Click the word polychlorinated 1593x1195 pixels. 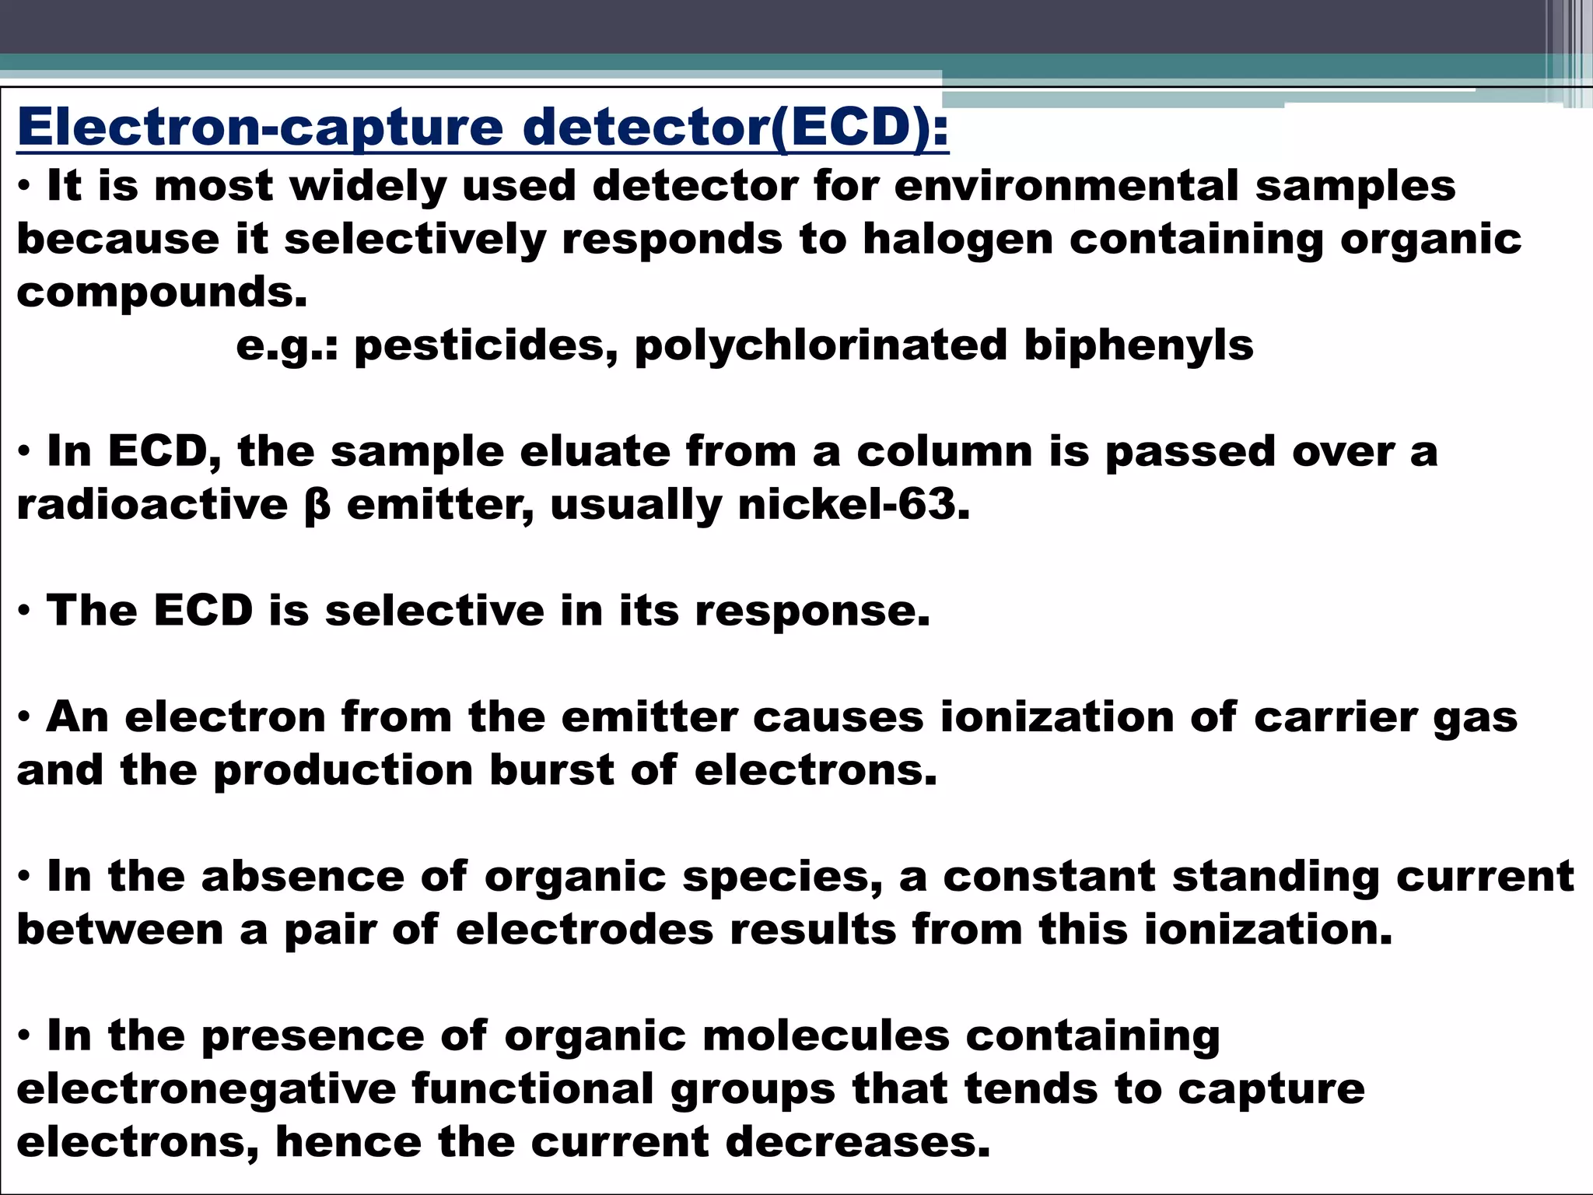tap(821, 345)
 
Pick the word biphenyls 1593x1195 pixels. tap(1139, 345)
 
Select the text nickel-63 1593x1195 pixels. tap(853, 504)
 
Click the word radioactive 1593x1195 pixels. tap(152, 504)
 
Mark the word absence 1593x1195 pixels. tap(303, 876)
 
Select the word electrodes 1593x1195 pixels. tap(584, 930)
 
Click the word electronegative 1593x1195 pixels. tap(206, 1088)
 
